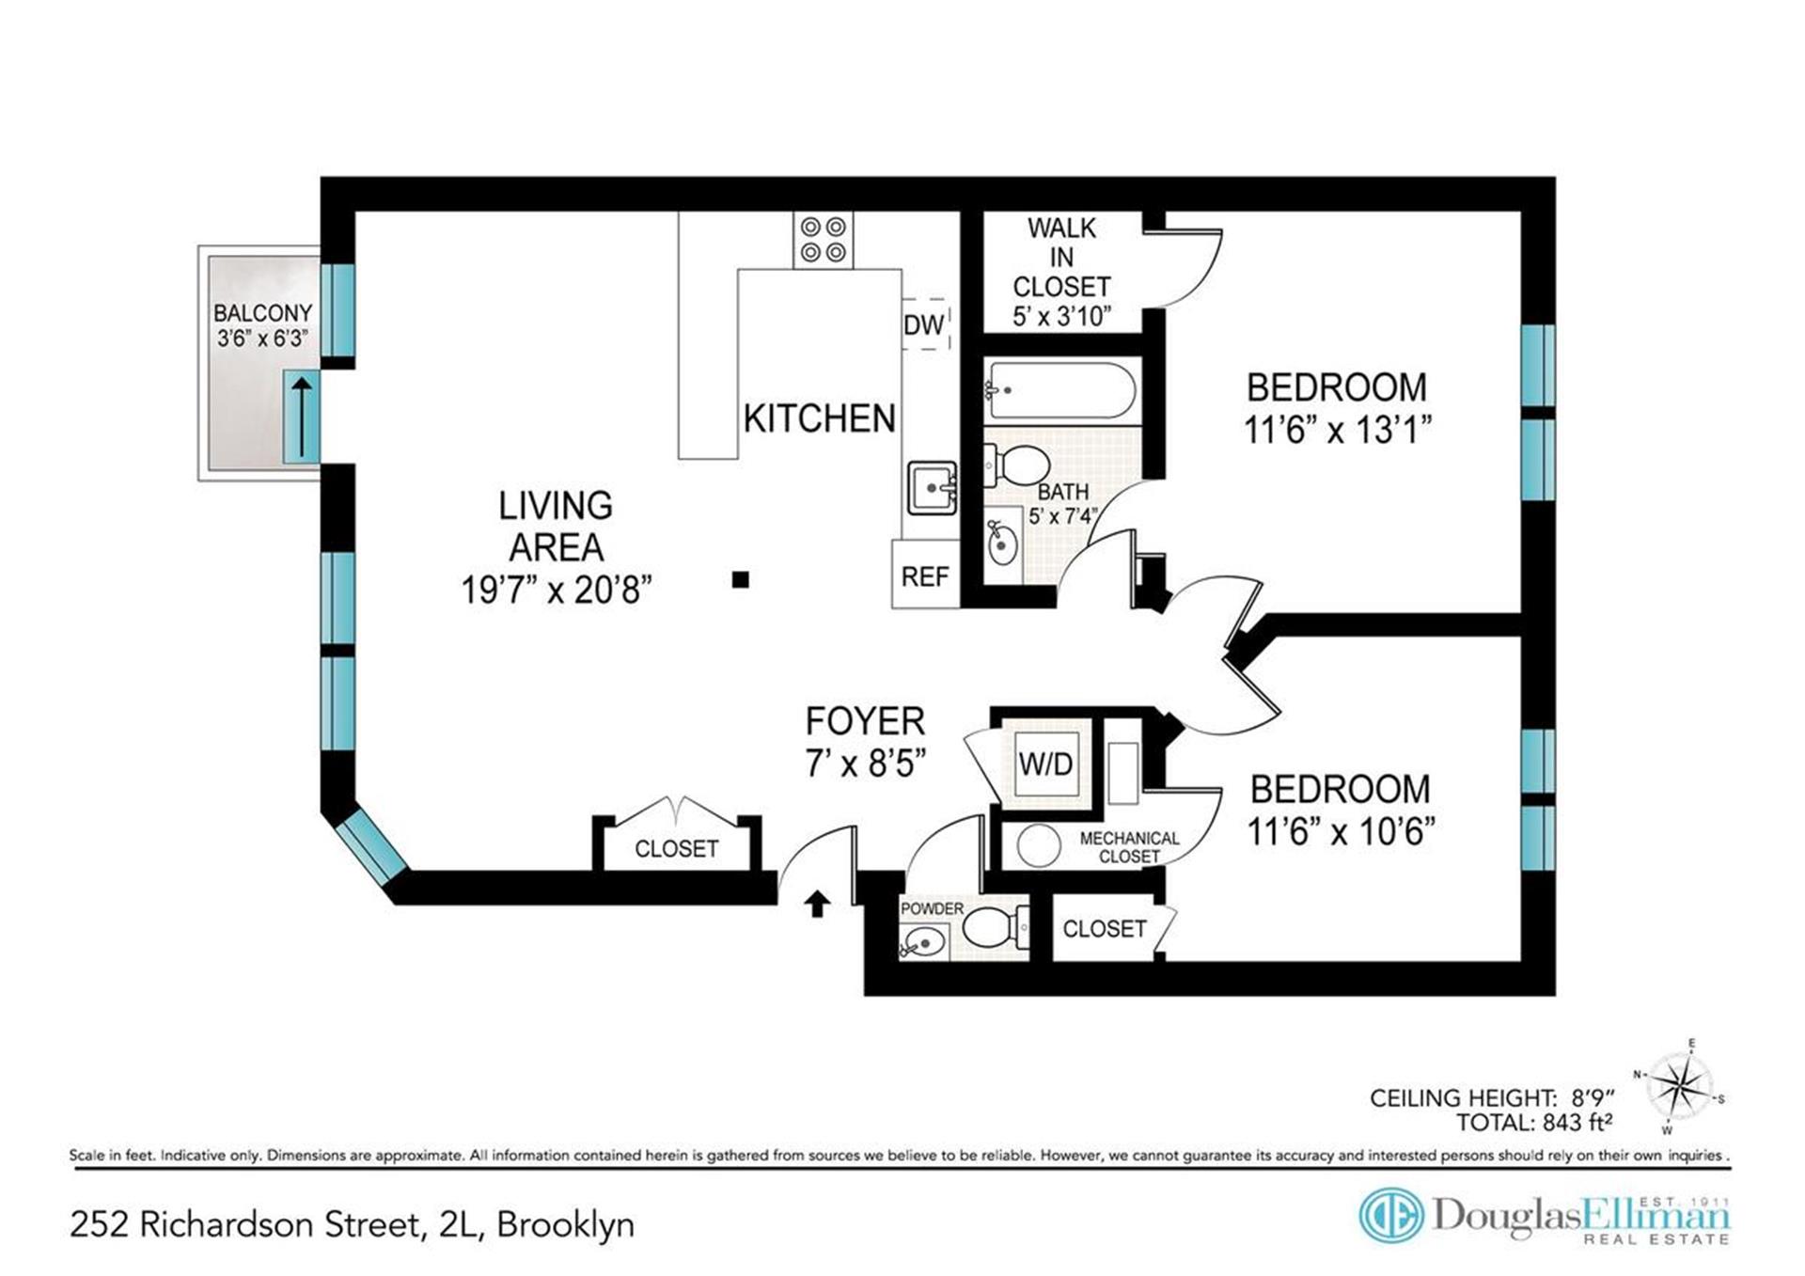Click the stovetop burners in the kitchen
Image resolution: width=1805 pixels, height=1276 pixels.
(x=824, y=240)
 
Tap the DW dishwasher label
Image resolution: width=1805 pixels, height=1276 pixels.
(x=924, y=324)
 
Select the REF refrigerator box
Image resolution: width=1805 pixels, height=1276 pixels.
(x=925, y=574)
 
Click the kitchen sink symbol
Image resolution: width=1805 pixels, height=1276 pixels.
(x=932, y=487)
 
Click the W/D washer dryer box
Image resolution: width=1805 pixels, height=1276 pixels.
(x=1046, y=764)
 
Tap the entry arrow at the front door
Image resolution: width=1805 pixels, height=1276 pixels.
(x=817, y=903)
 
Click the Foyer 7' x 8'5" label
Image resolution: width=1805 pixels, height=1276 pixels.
(x=866, y=742)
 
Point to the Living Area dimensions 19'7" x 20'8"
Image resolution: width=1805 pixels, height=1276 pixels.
(x=556, y=590)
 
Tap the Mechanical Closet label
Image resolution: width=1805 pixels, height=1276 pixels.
(x=1129, y=846)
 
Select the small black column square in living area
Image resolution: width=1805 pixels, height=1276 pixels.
(x=741, y=579)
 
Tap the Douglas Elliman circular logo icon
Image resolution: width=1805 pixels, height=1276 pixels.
(x=1391, y=1215)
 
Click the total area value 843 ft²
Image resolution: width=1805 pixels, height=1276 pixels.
(x=1577, y=1123)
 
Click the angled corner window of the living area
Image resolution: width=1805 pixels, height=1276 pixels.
(x=371, y=849)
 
